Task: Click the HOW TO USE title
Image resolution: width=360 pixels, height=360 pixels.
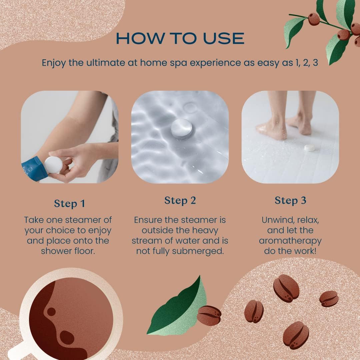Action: (180, 38)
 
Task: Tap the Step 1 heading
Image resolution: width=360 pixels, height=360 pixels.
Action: (69, 203)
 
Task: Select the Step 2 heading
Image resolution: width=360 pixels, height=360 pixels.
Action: (180, 200)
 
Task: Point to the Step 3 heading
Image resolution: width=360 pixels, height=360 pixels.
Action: (290, 200)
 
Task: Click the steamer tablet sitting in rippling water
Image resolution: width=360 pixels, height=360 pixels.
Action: (181, 128)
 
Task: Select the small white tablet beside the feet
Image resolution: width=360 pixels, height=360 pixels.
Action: (310, 148)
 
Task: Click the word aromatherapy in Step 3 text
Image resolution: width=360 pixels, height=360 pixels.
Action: (290, 241)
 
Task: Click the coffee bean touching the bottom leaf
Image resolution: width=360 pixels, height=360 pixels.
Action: (209, 315)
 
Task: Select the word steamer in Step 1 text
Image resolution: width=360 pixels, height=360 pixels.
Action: (90, 220)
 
